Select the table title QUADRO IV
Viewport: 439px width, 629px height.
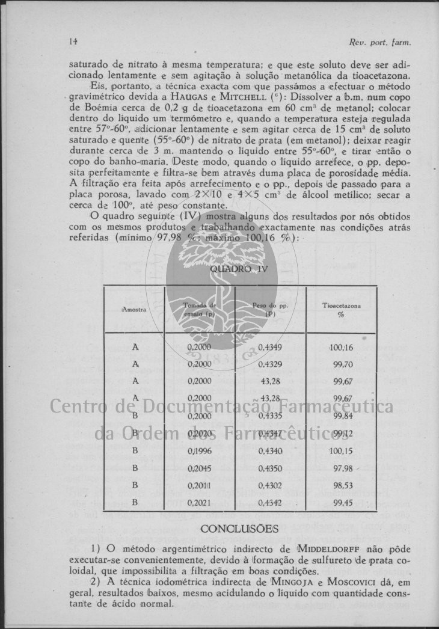click(239, 269)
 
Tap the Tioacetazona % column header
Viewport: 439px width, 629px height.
click(341, 310)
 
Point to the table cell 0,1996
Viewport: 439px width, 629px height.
click(199, 451)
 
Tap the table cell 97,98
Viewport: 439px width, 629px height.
click(343, 468)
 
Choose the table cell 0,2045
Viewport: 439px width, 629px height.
click(199, 468)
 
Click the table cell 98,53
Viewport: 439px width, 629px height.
click(343, 485)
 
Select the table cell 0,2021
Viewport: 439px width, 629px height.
click(199, 502)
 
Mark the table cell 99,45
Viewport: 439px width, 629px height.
click(343, 502)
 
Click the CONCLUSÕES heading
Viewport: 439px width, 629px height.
click(239, 529)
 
